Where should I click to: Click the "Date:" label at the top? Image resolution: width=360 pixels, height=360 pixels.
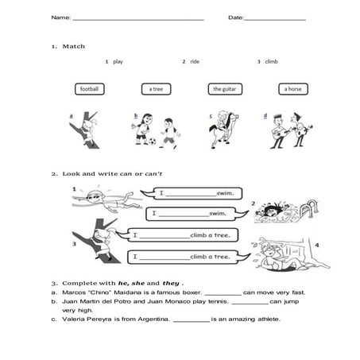[x=236, y=17]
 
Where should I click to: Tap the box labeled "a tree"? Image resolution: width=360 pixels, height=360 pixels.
[x=155, y=89]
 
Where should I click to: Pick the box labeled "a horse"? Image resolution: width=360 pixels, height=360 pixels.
[x=293, y=89]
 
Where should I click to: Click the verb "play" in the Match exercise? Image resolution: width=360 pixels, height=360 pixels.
[x=118, y=61]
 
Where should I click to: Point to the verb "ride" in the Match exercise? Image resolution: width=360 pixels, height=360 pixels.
[x=194, y=61]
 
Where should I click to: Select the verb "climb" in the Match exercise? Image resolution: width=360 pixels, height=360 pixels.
[x=272, y=61]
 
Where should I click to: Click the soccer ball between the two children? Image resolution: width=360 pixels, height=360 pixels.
[x=152, y=142]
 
